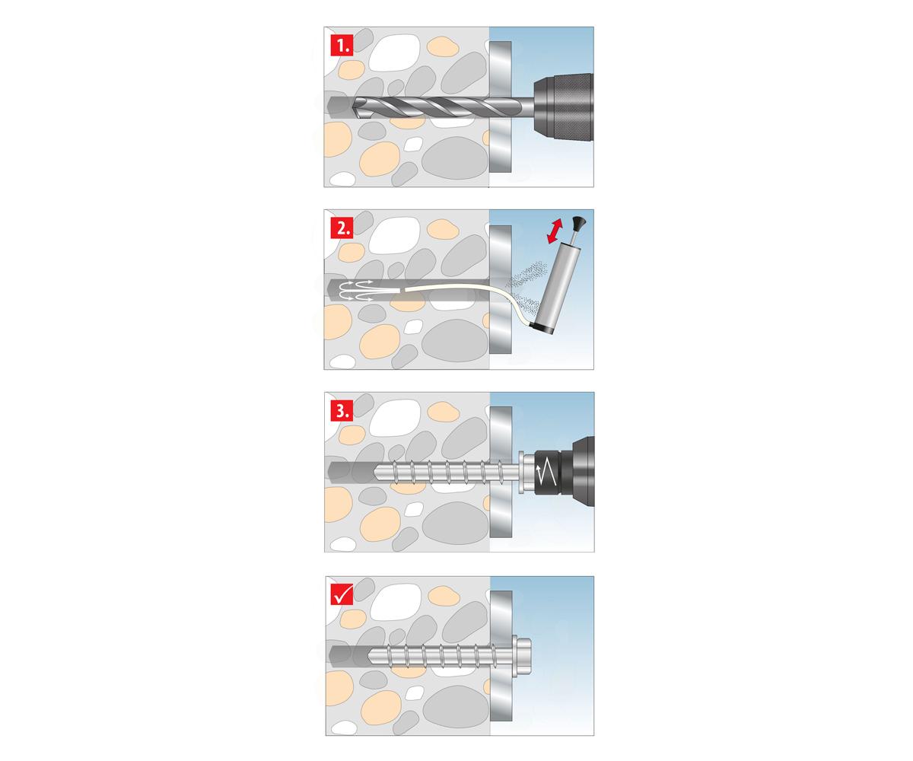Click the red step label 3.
(x=342, y=411)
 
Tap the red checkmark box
(x=342, y=594)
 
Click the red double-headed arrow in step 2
(x=555, y=231)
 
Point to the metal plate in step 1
(x=500, y=107)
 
